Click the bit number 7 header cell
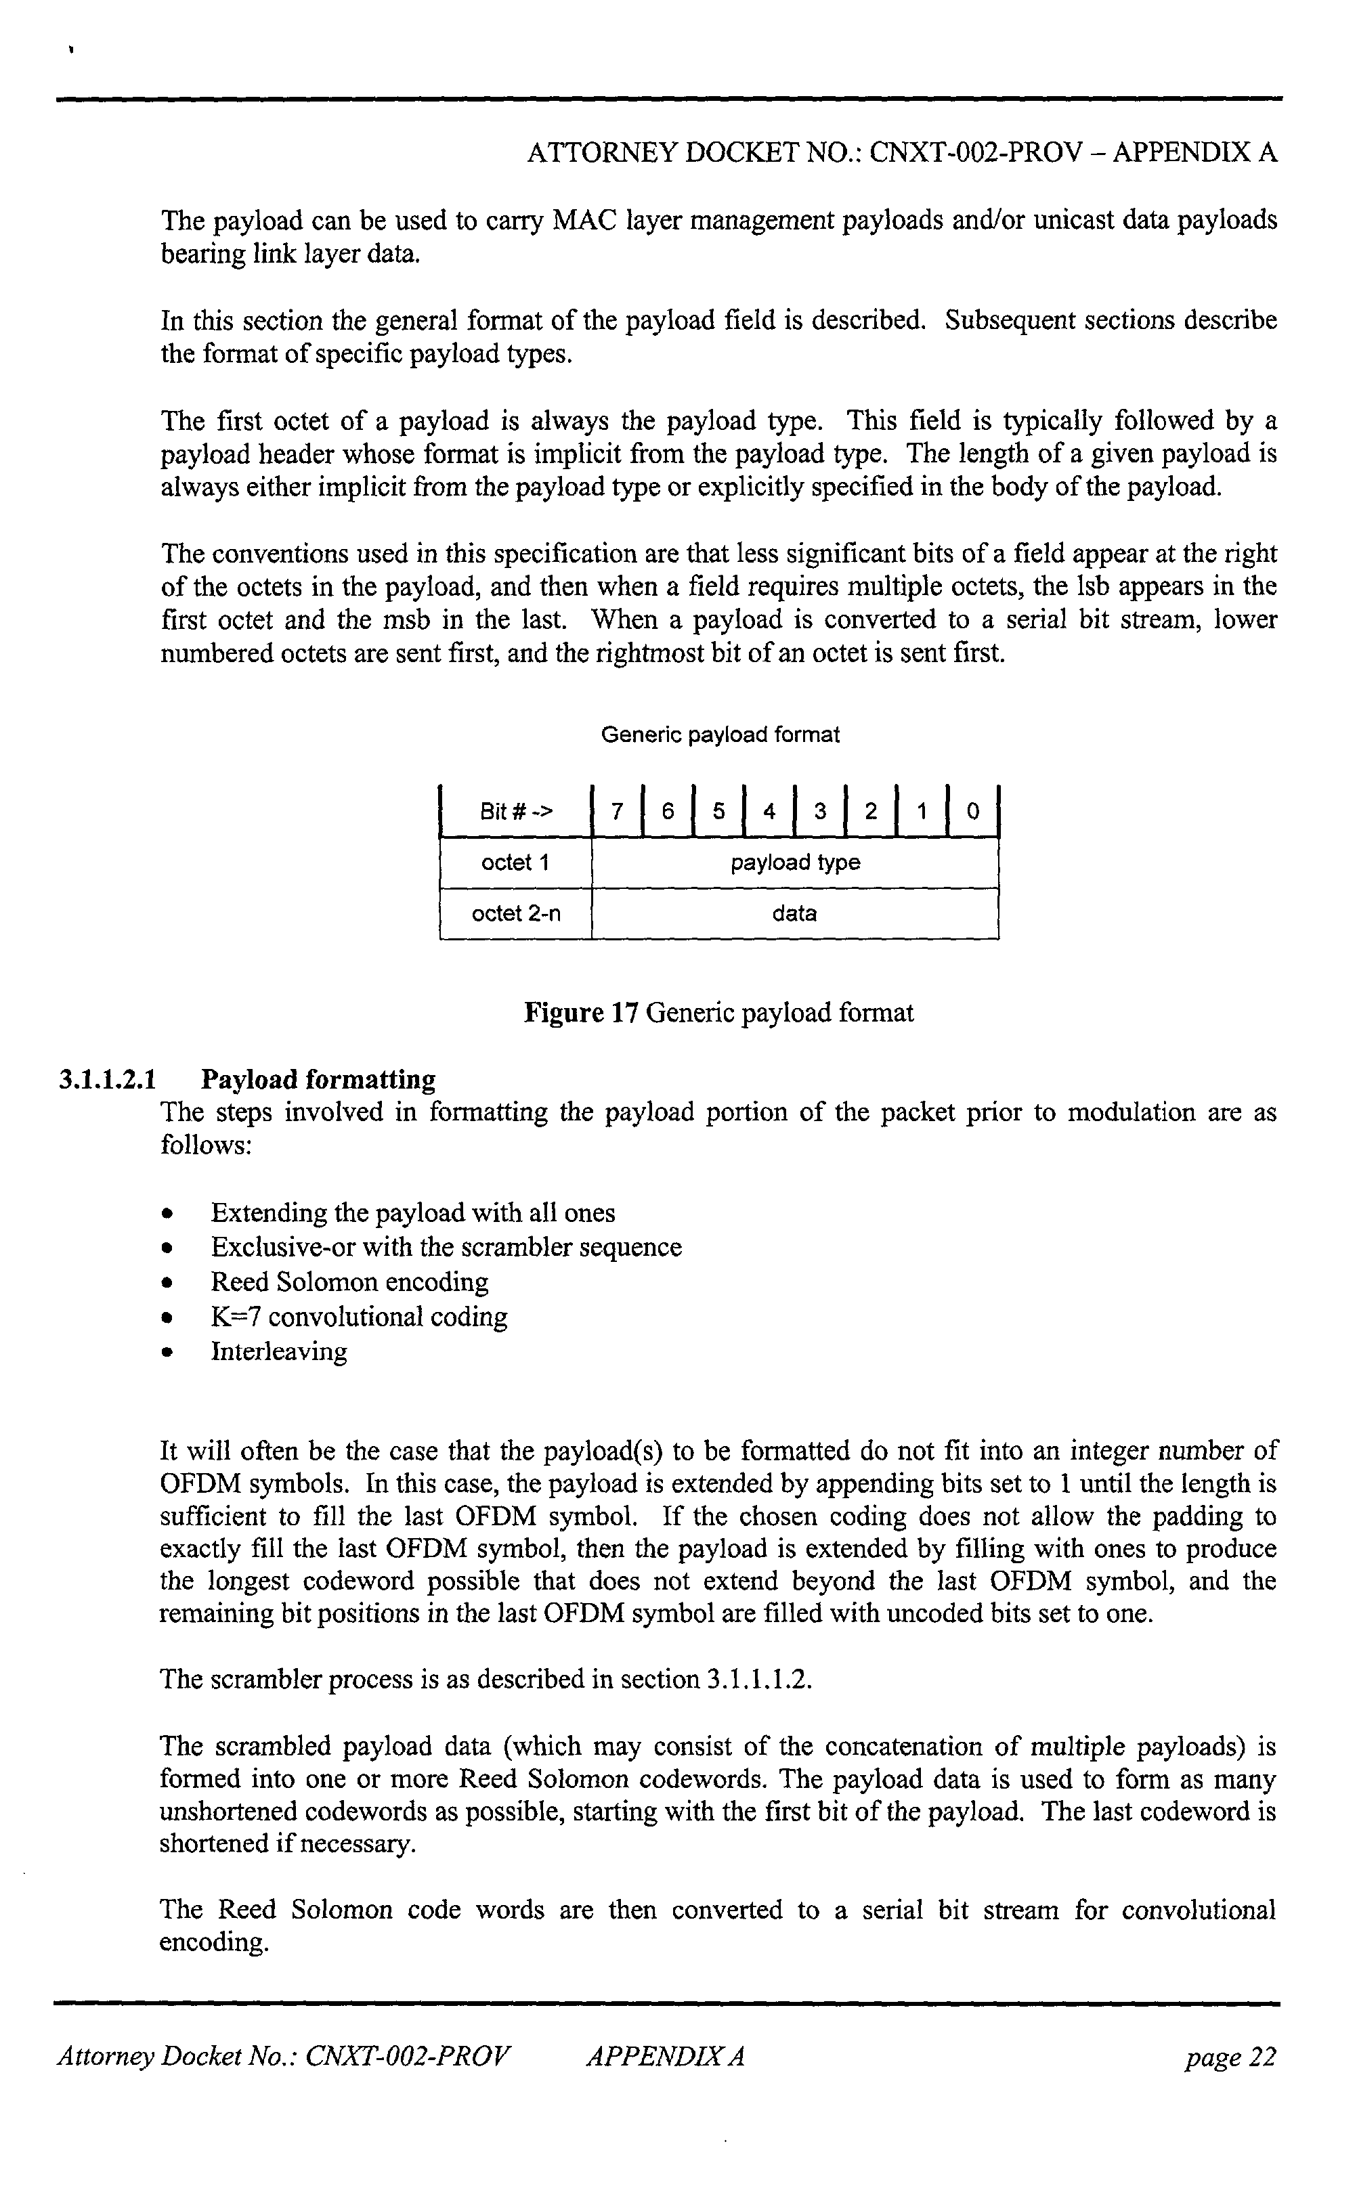(617, 812)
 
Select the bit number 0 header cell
(973, 812)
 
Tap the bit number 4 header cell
(769, 812)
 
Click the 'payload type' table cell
(795, 863)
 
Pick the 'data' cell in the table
(795, 914)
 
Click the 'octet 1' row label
(515, 863)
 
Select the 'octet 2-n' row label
(515, 914)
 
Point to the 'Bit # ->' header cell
(516, 812)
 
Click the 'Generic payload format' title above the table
(720, 736)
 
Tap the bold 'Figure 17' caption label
(580, 1013)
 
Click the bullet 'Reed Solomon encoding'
(349, 1282)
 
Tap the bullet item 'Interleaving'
(278, 1351)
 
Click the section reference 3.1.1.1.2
(759, 1680)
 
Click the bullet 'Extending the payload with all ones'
(413, 1213)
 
